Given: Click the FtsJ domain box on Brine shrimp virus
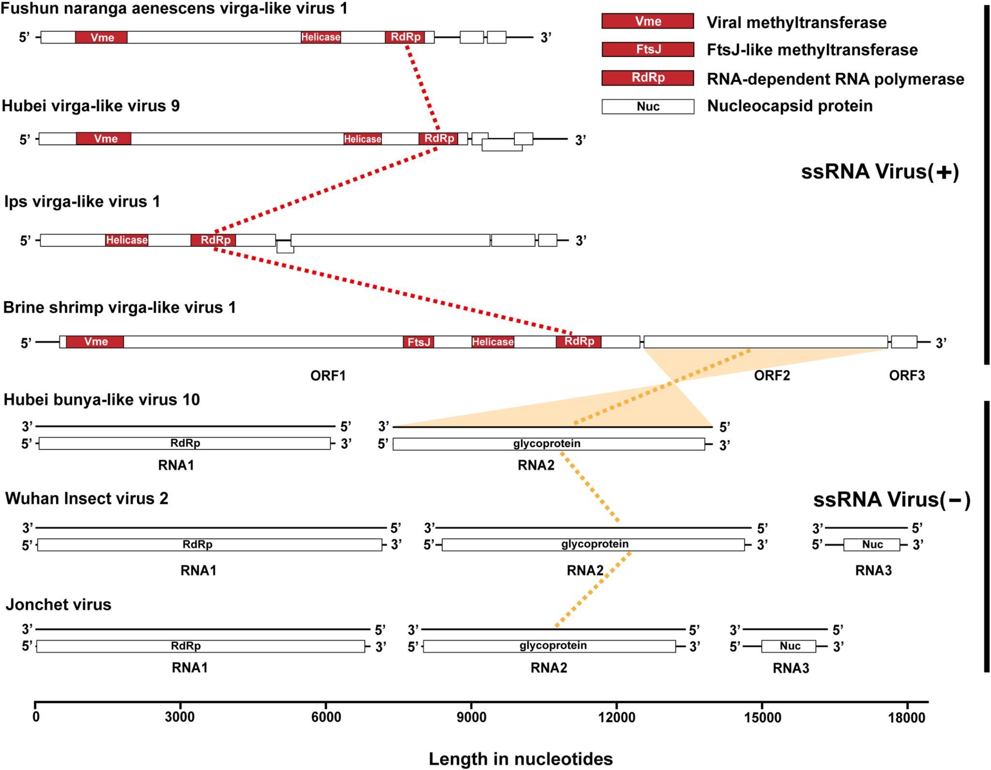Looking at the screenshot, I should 419,342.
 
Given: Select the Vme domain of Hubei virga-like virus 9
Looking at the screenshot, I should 104,139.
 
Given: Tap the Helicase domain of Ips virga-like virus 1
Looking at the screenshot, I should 127,240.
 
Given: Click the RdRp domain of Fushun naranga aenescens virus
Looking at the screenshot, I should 405,37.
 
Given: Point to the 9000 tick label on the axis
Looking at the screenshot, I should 471,717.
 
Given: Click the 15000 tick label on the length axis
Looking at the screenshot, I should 762,717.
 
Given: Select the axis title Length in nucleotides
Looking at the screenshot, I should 521,759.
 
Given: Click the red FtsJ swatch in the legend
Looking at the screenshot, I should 647,49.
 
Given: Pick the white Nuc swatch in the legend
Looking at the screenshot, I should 647,106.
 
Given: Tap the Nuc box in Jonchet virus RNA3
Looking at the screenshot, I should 789,646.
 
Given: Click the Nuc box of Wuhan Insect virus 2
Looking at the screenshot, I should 872,545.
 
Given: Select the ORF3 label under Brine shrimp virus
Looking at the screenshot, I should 907,376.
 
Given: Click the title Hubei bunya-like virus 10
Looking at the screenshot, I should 102,400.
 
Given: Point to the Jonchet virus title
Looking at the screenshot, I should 59,604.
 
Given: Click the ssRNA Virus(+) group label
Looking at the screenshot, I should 880,172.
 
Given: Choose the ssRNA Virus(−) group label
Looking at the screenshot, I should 891,500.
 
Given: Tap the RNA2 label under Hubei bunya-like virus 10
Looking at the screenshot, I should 536,465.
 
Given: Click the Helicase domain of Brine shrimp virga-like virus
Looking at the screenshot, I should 493,342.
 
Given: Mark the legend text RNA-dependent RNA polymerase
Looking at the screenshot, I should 835,79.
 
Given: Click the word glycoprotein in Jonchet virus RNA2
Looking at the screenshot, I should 553,646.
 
